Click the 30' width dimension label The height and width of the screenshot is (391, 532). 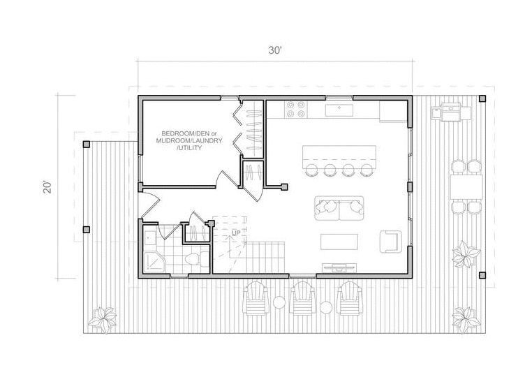275,50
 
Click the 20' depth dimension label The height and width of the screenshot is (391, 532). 48,187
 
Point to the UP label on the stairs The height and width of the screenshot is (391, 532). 236,233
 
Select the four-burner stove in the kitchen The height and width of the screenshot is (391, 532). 296,110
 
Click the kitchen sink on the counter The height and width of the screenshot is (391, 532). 339,110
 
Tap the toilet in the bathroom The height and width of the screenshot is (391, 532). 197,260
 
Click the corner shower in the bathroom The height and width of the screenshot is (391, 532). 155,261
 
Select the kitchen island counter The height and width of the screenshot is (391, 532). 339,156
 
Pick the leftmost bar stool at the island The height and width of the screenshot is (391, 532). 311,170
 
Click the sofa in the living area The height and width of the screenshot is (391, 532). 339,208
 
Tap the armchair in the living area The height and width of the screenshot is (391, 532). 391,242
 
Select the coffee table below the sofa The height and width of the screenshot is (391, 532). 339,242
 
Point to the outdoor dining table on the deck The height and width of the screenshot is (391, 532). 466,187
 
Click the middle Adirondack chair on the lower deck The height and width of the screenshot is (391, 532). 302,298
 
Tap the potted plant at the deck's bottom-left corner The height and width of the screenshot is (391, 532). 103,319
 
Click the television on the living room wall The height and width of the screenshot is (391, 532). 339,267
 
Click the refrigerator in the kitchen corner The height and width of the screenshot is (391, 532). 393,111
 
